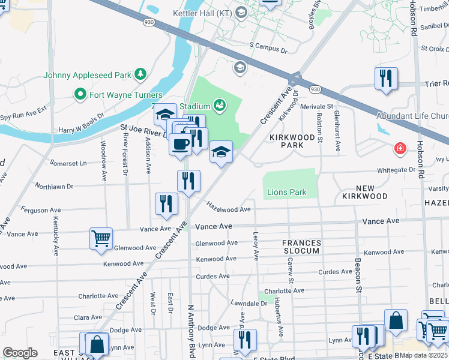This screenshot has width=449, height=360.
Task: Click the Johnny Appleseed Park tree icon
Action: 140,74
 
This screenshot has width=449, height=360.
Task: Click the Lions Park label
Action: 286,193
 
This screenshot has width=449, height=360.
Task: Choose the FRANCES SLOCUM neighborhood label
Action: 301,247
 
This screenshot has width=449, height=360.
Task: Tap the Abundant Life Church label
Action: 412,116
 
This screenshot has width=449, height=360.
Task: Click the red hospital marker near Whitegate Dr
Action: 399,148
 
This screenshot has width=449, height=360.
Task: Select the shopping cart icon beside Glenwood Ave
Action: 101,238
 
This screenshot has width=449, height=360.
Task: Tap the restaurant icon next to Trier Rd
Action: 386,78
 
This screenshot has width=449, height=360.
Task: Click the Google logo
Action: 20,353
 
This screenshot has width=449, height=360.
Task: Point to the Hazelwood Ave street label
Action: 228,207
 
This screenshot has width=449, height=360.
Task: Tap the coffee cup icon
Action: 180,145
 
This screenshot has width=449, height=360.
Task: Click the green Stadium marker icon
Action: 220,104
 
